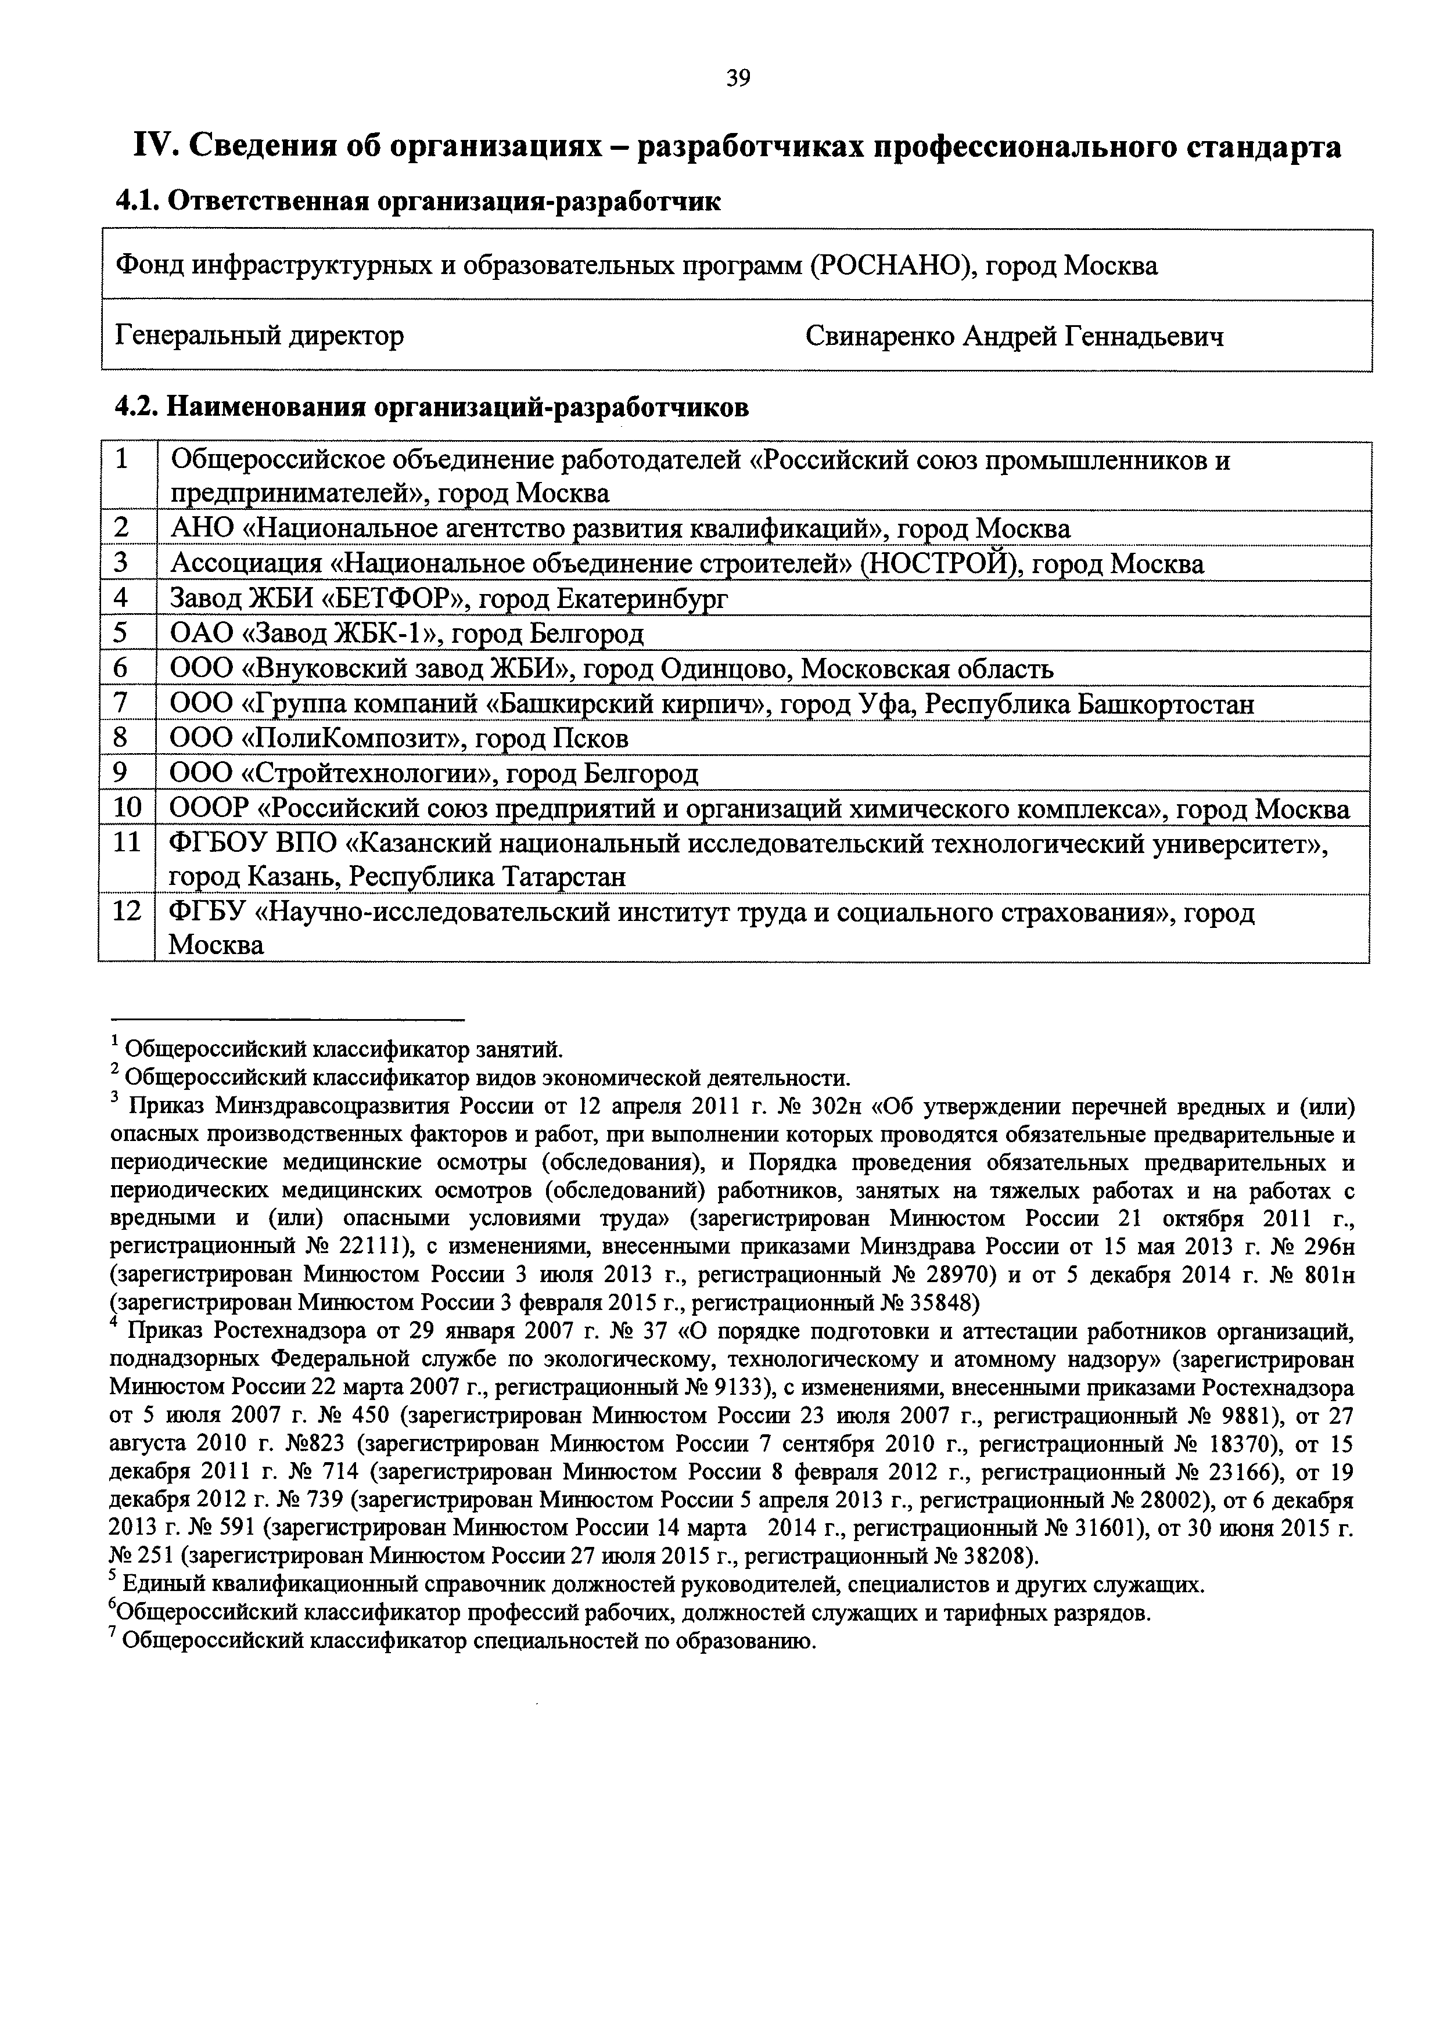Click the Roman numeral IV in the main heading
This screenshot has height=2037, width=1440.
click(x=152, y=146)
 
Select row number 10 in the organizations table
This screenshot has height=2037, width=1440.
click(x=127, y=808)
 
